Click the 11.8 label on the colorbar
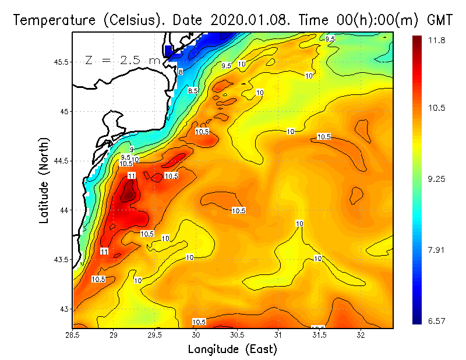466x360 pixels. [437, 40]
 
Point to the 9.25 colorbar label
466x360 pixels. [437, 179]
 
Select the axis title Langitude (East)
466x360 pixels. [232, 349]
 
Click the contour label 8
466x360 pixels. [181, 72]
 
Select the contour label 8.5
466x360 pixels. [193, 91]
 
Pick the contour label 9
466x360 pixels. [132, 150]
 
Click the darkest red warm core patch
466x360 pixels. [128, 193]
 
